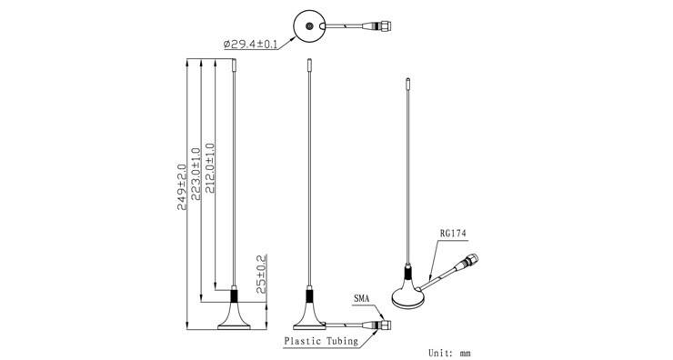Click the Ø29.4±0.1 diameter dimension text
point(250,44)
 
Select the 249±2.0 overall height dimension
point(182,186)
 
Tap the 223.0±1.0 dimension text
point(196,175)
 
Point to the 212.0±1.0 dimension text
point(210,168)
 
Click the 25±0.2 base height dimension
point(261,274)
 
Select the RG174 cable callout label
point(453,234)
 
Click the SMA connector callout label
point(361,299)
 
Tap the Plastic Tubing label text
point(321,341)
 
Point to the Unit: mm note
point(450,353)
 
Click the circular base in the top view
point(309,26)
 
